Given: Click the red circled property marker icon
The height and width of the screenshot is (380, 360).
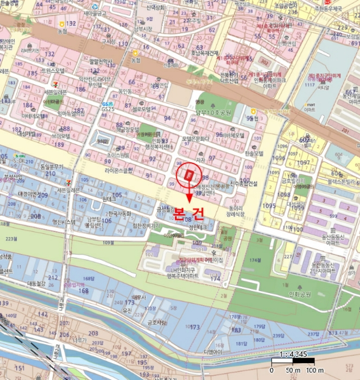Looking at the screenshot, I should [x=188, y=174].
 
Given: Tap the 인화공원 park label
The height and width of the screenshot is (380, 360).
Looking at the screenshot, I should [x=296, y=295].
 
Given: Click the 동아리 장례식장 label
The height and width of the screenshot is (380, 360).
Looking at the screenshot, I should [x=235, y=211].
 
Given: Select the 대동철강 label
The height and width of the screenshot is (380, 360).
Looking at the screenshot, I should [x=37, y=283].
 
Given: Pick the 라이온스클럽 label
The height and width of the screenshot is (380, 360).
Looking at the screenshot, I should [x=119, y=170].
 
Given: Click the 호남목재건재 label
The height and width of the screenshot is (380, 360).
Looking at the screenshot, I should [x=207, y=54].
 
